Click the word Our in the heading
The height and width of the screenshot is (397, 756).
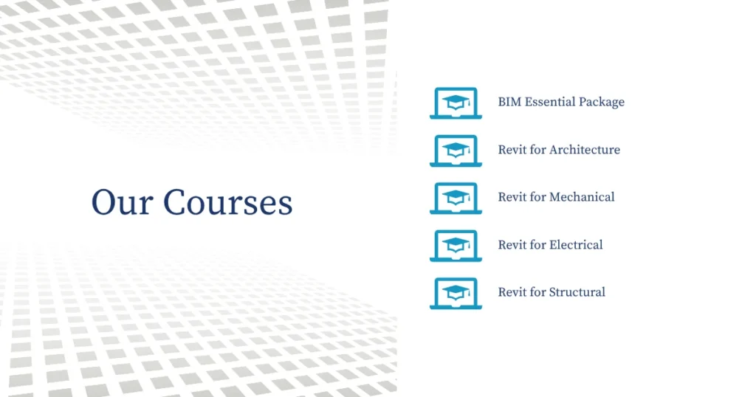123,202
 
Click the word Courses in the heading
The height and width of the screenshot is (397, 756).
227,202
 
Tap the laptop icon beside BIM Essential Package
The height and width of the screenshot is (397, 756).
456,103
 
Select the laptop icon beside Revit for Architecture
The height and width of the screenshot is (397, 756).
456,151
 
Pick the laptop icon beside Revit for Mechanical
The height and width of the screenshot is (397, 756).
456,198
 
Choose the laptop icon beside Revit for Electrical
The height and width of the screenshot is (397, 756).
456,246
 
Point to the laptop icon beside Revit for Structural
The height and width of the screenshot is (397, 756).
456,294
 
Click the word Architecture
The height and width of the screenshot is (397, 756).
585,149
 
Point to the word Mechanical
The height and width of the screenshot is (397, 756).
582,196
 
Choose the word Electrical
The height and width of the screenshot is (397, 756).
576,244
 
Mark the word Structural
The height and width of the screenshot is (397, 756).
577,292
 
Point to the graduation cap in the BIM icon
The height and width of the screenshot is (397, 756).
456,101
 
